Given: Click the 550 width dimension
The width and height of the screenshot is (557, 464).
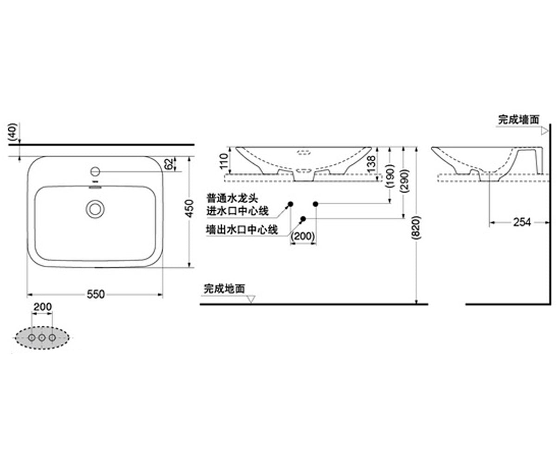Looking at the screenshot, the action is [96, 294].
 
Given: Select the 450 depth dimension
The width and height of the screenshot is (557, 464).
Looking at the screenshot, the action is [189, 208].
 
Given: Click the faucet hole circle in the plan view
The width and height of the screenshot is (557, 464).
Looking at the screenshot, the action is [95, 171].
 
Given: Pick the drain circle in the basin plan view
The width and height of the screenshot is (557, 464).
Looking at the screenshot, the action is [95, 209].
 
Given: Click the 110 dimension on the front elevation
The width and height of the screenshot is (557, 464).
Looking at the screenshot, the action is [224, 161].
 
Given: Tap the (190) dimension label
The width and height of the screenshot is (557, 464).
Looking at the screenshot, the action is [390, 176].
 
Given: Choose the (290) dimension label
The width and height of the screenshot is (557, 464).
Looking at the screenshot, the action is [405, 180].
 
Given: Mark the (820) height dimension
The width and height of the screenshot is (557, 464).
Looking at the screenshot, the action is [416, 227].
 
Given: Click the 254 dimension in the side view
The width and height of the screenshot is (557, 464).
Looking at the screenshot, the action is [522, 222].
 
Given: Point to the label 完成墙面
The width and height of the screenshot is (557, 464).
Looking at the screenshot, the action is [519, 119].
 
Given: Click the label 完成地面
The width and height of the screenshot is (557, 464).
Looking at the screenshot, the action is [224, 289].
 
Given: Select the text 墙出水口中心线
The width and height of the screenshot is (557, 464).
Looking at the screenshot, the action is [242, 229].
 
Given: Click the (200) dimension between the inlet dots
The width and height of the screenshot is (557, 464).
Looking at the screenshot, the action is [303, 236].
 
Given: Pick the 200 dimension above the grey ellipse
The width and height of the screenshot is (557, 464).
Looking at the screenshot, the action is [43, 307].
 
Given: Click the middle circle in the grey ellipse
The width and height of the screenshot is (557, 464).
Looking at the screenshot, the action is [42, 338].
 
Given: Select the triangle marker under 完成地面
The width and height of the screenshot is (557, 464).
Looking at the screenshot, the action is [251, 299].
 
